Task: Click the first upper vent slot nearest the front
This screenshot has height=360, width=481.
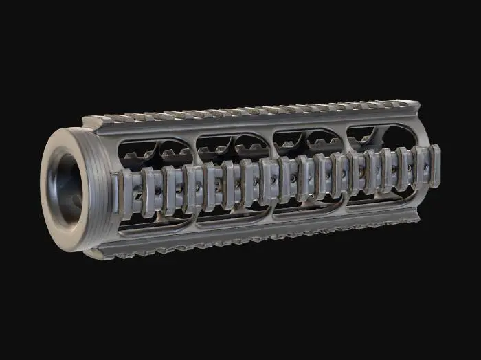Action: click(x=155, y=153)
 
